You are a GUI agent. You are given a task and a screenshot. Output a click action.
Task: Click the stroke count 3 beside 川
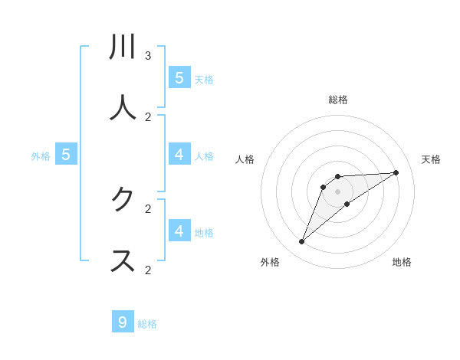coord(148,56)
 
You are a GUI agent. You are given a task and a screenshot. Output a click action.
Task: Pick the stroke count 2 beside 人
coord(148,117)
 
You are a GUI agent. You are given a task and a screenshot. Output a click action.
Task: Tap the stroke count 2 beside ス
coord(148,270)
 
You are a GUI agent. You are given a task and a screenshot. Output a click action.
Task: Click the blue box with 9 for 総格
coord(123,322)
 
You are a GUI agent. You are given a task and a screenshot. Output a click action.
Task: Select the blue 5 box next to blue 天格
coord(179,77)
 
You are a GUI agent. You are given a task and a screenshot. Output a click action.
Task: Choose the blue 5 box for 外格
coord(66,155)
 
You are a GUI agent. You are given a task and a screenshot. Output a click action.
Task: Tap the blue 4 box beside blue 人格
coord(179,155)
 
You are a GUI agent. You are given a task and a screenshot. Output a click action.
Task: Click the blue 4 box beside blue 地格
coord(179,231)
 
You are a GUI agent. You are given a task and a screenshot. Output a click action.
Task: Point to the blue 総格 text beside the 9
coord(147,324)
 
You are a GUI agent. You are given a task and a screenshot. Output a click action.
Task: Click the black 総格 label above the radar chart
coord(338,100)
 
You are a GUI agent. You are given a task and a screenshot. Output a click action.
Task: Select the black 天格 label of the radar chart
coord(432,159)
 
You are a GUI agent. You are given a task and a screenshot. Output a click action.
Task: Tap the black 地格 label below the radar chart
coord(402,262)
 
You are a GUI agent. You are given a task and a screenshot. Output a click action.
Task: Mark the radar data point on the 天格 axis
coord(396,172)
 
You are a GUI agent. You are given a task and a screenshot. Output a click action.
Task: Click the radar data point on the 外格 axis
coord(301,242)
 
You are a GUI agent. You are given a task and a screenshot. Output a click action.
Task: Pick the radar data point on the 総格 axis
coord(338,177)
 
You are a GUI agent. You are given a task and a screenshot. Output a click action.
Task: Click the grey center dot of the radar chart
coord(338,191)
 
